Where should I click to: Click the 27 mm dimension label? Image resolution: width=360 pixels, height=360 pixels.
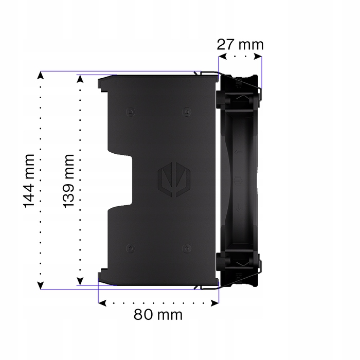[x=240, y=45]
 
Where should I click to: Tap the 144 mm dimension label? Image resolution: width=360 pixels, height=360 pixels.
[x=29, y=181]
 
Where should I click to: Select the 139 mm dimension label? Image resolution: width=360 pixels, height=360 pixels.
[x=68, y=181]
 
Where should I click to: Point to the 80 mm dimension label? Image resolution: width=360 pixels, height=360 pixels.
[x=158, y=314]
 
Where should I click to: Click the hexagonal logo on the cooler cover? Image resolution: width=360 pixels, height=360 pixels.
[x=174, y=179]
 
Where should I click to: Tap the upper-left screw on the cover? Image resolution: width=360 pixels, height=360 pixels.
[x=131, y=112]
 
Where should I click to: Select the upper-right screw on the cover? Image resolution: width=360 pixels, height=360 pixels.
[x=187, y=112]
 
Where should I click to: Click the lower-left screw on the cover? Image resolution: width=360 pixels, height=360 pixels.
[x=131, y=248]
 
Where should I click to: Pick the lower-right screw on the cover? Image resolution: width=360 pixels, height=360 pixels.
[x=187, y=248]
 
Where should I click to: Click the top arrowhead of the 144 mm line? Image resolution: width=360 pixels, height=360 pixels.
[x=41, y=75]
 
